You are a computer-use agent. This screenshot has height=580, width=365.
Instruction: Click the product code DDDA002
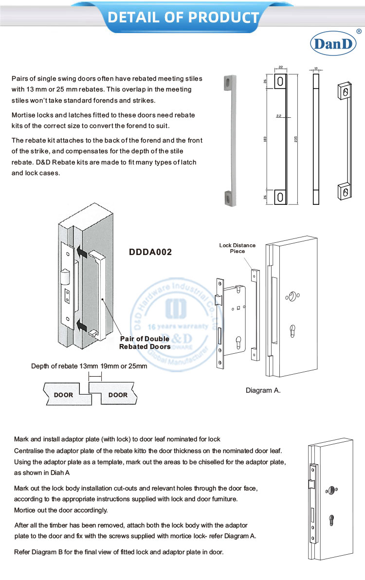click(x=150, y=253)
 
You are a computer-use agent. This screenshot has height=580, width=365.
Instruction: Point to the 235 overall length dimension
click(x=296, y=139)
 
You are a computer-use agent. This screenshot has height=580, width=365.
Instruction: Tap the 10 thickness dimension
click(x=316, y=69)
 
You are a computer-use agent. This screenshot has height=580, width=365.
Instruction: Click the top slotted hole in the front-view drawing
click(x=281, y=81)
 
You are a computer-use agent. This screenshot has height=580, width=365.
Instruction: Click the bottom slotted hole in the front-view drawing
click(x=281, y=196)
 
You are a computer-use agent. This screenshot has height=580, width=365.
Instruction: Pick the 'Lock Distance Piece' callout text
click(x=237, y=248)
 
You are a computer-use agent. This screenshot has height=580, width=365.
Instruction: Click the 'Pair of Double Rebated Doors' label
click(x=145, y=343)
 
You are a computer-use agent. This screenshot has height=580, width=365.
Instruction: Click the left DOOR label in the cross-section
click(x=63, y=395)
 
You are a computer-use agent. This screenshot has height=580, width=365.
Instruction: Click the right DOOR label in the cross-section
click(x=118, y=395)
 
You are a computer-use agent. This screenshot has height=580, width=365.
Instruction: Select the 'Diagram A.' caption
click(x=263, y=390)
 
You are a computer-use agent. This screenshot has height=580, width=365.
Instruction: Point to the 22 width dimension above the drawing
click(x=281, y=68)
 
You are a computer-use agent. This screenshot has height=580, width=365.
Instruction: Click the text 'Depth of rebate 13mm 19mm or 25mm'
click(x=89, y=366)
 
